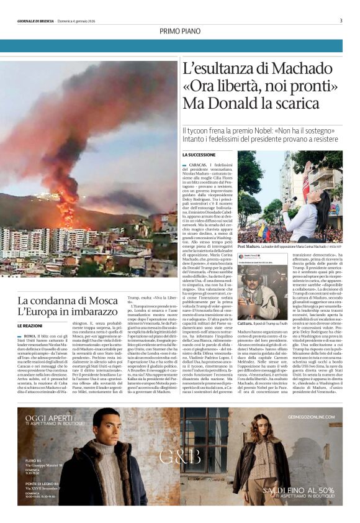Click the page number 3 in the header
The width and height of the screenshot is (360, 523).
coord(341,20)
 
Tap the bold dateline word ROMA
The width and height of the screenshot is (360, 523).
coord(31,335)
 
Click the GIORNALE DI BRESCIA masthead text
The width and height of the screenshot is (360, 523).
coord(40,21)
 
